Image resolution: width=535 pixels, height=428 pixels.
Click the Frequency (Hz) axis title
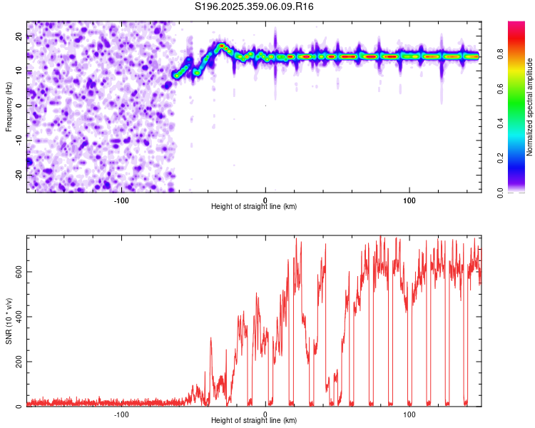click(9, 106)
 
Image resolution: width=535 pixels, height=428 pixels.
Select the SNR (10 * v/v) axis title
click(9, 321)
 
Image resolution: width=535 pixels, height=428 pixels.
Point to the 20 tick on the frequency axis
click(20, 35)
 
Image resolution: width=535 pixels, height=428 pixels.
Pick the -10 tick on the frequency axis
click(19, 140)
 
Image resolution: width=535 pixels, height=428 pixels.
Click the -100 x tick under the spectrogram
click(121, 199)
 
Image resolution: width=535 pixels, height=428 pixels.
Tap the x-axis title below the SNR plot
click(254, 421)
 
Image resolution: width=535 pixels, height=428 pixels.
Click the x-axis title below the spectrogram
click(254, 207)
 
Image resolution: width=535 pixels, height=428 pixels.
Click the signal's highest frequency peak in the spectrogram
click(222, 46)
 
